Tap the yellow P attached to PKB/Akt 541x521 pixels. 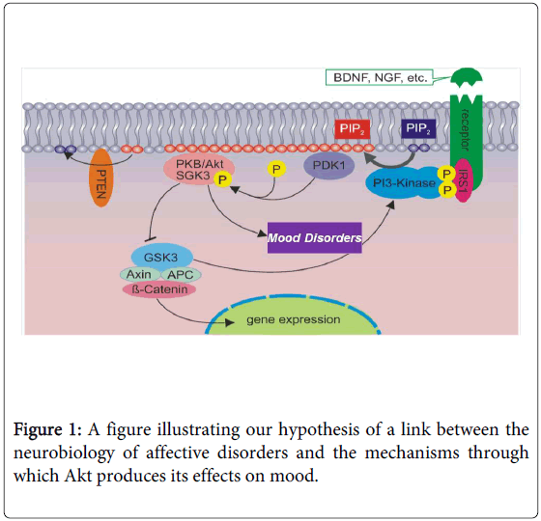[x=222, y=179]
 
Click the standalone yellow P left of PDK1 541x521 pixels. [x=276, y=171]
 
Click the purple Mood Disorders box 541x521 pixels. [x=314, y=237]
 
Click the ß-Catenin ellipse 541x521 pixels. [x=157, y=290]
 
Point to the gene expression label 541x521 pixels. [x=291, y=319]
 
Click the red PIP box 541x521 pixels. [x=349, y=128]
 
